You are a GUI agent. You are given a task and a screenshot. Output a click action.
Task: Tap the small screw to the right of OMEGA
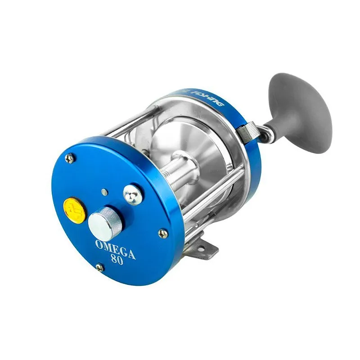(x=162, y=233)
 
